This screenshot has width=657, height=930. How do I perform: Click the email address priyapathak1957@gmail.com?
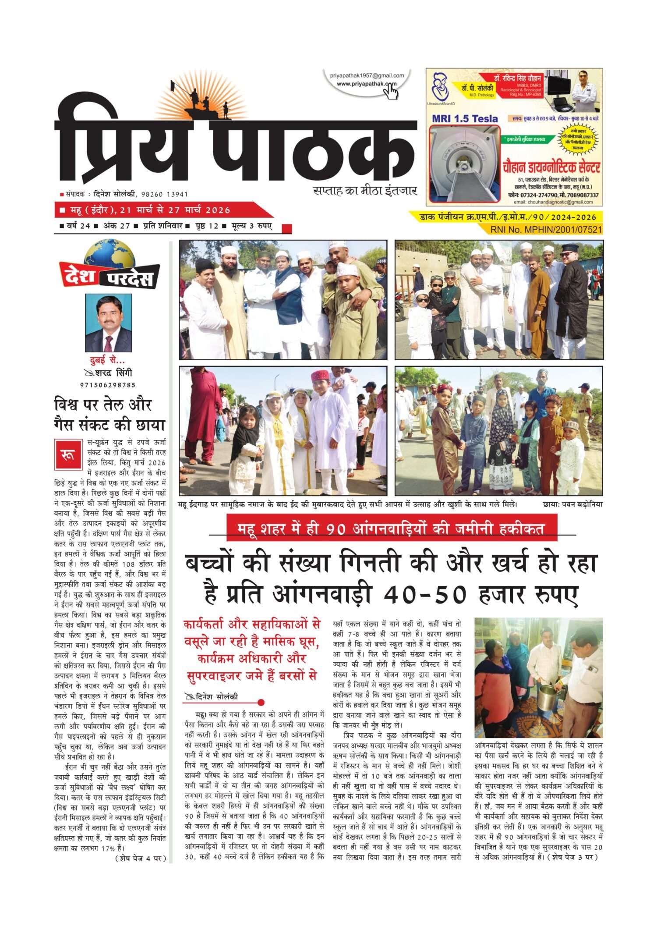pos(367,76)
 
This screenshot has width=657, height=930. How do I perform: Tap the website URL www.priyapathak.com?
pos(366,84)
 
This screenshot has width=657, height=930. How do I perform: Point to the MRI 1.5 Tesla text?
pos(465,119)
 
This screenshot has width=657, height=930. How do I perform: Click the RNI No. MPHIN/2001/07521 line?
pos(546,229)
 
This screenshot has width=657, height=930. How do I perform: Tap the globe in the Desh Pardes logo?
pos(109,254)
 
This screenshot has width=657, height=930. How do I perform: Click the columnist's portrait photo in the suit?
pos(109,323)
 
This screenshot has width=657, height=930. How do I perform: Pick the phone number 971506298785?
pos(108,385)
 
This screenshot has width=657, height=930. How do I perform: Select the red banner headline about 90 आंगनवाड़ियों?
pos(392,529)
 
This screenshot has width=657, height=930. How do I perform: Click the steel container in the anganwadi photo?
pos(547,698)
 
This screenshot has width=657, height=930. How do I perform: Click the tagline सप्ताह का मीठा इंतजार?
pos(365,191)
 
